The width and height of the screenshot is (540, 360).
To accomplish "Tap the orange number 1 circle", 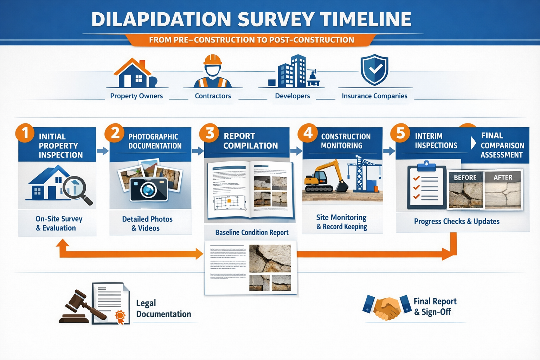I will tap(25, 133).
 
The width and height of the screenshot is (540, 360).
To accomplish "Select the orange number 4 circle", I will tap(308, 133).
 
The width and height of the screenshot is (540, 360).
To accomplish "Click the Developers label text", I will tap(292, 96).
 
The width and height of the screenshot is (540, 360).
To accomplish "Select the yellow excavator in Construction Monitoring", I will tap(325, 178).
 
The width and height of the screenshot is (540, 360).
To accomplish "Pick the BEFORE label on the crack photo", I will tap(465, 178).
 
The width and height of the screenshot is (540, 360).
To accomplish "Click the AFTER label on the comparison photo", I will tap(503, 178).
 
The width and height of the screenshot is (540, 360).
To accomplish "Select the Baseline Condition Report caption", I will tap(252, 232).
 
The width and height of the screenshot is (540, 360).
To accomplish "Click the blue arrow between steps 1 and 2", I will tap(102, 151).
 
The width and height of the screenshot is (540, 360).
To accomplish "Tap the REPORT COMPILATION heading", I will tap(250, 141).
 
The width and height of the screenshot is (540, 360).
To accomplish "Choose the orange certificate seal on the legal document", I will tap(120, 316).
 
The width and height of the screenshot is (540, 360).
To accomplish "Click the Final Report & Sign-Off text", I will tap(435, 306).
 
